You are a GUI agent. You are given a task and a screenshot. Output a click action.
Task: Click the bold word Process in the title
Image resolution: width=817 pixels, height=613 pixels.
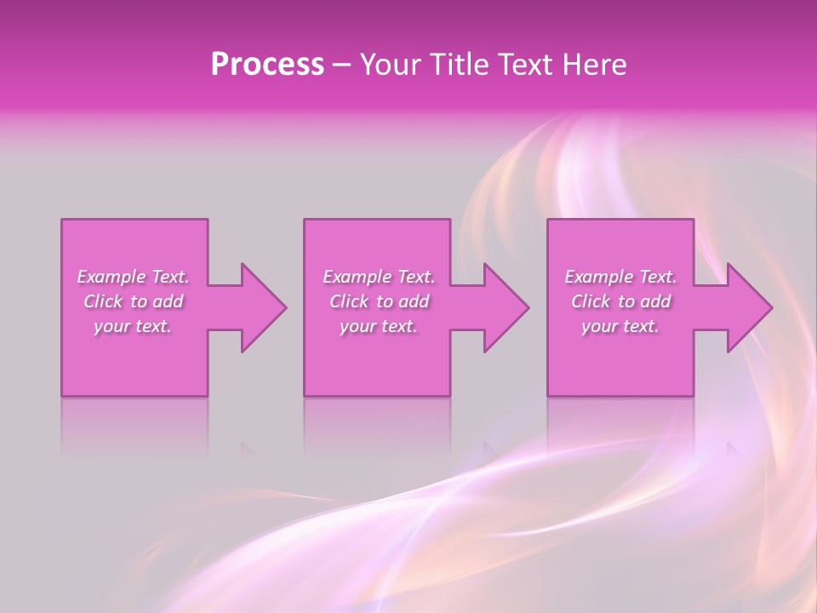click(x=267, y=65)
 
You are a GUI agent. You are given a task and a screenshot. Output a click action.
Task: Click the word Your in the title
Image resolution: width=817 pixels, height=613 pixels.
click(x=388, y=65)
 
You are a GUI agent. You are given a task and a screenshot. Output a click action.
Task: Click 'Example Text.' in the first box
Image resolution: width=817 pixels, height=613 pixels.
click(x=133, y=277)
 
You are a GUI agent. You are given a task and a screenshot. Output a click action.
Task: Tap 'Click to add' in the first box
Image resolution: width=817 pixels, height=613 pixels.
click(x=133, y=301)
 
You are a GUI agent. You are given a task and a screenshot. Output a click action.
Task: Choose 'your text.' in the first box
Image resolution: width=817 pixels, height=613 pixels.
click(x=133, y=326)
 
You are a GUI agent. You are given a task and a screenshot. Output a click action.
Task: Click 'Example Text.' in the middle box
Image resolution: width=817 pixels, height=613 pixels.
click(x=378, y=277)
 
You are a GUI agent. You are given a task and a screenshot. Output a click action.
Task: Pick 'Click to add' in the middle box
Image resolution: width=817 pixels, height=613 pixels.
click(x=378, y=301)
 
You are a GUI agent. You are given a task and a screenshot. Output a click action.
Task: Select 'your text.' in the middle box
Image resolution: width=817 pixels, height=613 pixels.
click(x=378, y=326)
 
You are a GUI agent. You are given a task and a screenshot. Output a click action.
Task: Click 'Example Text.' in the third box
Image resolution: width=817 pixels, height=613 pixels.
click(x=620, y=277)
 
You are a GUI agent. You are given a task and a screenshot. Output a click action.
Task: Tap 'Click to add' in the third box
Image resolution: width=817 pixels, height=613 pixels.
click(x=620, y=301)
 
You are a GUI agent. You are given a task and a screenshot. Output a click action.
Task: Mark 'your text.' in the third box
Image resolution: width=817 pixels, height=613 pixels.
click(x=620, y=326)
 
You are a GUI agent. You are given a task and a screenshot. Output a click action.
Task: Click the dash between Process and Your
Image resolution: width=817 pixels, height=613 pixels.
click(x=341, y=66)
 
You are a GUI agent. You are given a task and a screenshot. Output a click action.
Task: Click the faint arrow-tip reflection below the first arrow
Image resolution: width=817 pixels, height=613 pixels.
click(x=248, y=447)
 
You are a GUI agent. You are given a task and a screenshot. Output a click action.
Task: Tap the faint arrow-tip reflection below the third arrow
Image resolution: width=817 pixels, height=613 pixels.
click(x=734, y=447)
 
